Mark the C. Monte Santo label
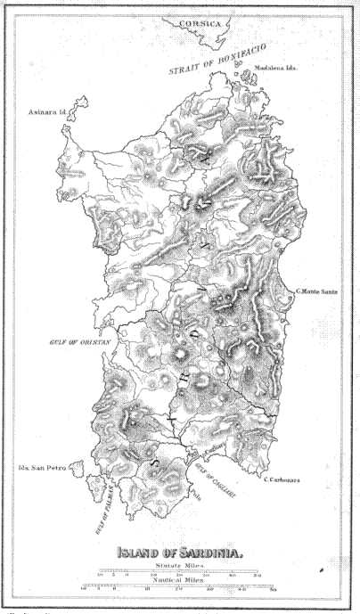pyautogui.click(x=321, y=291)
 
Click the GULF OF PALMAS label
pyautogui.click(x=108, y=510)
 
